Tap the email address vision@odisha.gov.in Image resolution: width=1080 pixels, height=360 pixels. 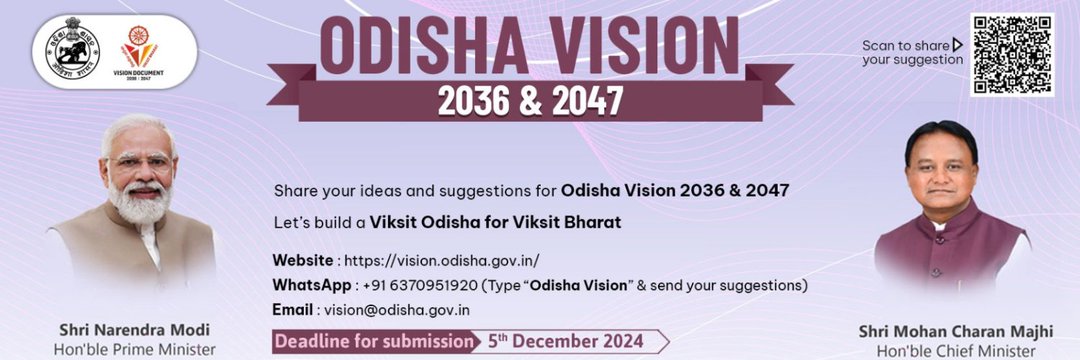tap(395, 310)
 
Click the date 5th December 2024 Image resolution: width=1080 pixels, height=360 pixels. tap(565, 341)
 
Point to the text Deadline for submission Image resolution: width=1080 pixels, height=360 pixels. tap(373, 341)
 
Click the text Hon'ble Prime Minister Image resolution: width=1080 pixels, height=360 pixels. tap(134, 349)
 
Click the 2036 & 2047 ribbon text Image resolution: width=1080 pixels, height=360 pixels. tap(529, 100)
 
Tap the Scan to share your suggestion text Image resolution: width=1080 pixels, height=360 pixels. tap(911, 52)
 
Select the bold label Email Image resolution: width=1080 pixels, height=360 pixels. tap(292, 310)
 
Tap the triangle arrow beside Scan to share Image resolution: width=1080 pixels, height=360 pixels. tap(957, 44)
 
